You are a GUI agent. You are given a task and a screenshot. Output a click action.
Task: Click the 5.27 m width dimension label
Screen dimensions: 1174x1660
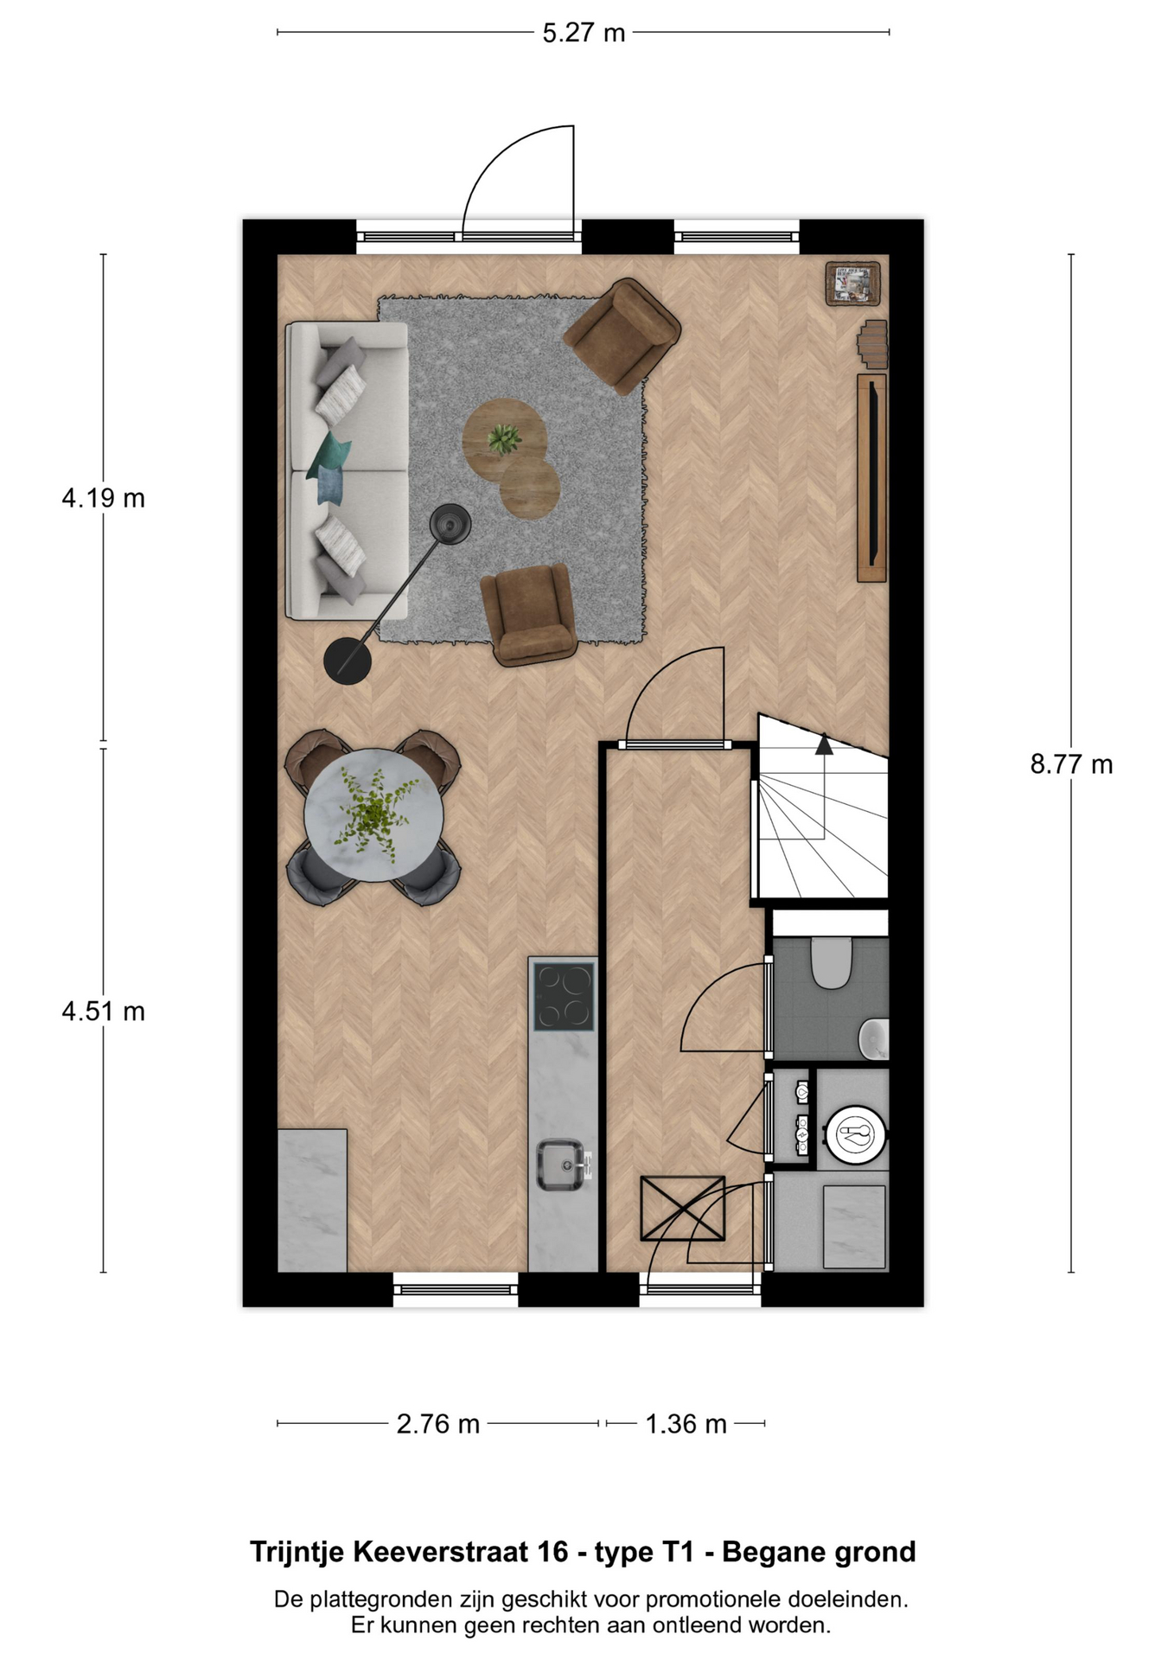[584, 33]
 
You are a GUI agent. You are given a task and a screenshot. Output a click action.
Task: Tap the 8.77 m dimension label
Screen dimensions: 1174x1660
[1071, 764]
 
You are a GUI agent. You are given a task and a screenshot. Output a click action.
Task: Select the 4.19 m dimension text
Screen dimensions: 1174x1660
[103, 498]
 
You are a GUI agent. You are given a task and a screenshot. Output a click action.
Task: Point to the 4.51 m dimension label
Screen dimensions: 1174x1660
[103, 1011]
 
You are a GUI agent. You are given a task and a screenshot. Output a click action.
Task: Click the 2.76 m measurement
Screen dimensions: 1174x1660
[437, 1424]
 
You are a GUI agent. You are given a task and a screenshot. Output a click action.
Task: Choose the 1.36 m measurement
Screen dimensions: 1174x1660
[686, 1424]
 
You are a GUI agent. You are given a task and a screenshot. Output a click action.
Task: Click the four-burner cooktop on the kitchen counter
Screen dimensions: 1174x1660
[564, 997]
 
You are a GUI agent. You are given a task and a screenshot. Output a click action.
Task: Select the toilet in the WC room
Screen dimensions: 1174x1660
[832, 963]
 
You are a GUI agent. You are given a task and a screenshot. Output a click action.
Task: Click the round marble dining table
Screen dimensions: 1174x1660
[374, 815]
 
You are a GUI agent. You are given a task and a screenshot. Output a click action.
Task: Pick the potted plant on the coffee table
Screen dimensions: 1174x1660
[503, 438]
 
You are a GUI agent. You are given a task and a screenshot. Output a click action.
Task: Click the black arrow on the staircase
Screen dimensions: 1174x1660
[824, 744]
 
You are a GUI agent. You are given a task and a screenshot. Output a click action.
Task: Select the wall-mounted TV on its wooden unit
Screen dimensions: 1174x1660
[876, 477]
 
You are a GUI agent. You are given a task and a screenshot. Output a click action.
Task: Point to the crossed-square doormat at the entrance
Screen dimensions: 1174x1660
[682, 1209]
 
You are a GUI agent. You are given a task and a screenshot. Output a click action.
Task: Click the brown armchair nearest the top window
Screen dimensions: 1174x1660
[622, 335]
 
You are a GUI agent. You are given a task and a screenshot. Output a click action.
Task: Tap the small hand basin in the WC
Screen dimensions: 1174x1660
[875, 1038]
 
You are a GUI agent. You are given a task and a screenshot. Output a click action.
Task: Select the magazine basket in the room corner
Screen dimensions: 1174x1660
[852, 284]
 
